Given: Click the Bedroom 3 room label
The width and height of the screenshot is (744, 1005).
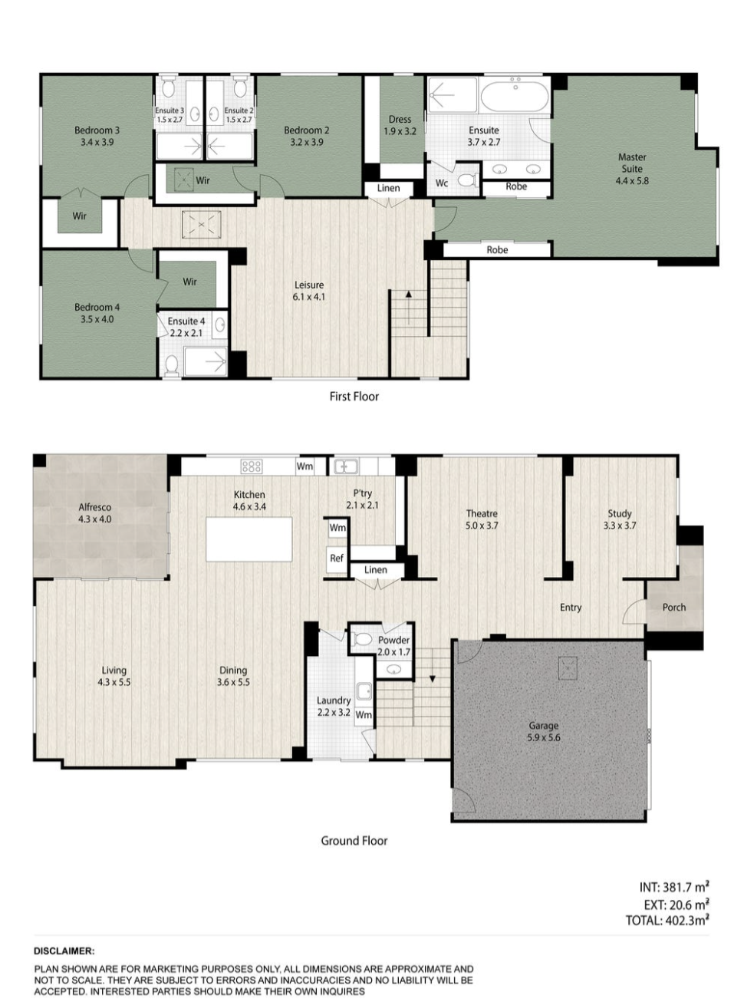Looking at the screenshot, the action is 97,136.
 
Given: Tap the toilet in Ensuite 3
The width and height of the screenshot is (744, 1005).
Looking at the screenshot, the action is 168,87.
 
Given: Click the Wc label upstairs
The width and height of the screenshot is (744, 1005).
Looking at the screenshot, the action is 441,183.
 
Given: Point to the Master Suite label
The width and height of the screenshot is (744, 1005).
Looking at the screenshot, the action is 631,169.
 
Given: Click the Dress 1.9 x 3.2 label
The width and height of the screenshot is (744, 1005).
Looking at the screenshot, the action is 400,125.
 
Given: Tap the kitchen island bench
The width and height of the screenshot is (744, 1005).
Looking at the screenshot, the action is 249,539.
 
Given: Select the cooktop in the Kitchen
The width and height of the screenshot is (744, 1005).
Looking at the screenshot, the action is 252,466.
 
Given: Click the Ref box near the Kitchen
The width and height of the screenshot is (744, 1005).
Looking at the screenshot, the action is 336,559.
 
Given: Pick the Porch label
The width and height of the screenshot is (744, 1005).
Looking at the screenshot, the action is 673,607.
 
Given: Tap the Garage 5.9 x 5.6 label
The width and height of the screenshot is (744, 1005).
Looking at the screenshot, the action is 543,731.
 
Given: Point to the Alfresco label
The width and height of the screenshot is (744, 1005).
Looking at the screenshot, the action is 94,513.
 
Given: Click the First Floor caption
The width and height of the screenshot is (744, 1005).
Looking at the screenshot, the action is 354,397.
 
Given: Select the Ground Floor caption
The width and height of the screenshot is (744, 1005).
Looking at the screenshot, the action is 354,841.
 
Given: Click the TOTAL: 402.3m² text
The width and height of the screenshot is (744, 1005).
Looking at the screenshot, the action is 667,921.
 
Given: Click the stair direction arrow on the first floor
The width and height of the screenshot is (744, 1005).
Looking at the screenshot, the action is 409,307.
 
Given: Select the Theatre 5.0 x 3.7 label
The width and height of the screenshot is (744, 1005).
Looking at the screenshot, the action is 482,519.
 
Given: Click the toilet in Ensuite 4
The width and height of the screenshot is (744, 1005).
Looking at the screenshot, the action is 172,364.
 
